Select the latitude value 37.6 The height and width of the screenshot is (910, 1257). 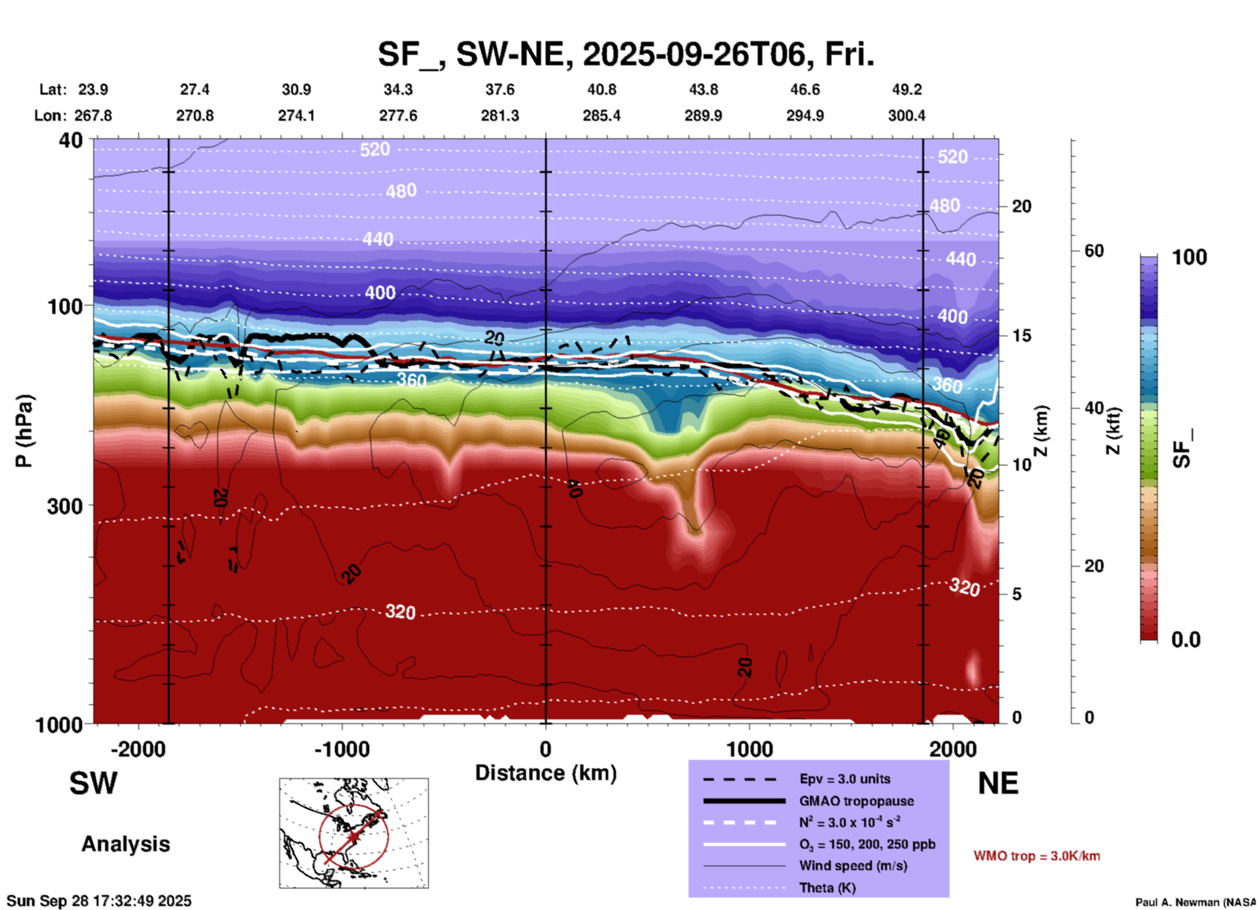point(499,89)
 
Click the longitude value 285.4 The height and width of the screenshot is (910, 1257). point(601,116)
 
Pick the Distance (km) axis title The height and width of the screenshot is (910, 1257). point(546,773)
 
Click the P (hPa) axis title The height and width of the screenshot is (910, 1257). point(24,430)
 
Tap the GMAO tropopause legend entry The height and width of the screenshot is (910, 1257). point(856,801)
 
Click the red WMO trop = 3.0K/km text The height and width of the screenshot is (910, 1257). point(1036,856)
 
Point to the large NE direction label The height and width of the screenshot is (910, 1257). point(998,783)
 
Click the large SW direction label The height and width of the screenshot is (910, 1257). point(93,783)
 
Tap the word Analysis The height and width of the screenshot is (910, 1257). point(125,844)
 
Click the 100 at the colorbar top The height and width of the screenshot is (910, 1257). point(1189,257)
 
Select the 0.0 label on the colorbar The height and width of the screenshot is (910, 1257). point(1186,640)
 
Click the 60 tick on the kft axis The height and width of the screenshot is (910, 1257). point(1094,251)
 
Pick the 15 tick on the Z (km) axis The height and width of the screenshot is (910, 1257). point(1021,336)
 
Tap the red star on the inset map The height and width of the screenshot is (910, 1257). point(353,836)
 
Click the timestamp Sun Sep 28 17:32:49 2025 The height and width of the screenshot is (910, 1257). point(99,901)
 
